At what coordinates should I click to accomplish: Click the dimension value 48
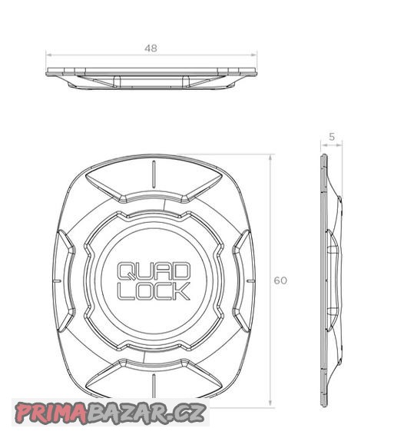(151, 48)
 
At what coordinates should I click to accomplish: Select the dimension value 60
(280, 280)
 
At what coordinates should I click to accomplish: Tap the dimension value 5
(331, 138)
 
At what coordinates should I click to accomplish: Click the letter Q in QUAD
(125, 272)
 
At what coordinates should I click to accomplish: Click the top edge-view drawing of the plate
(151, 75)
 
